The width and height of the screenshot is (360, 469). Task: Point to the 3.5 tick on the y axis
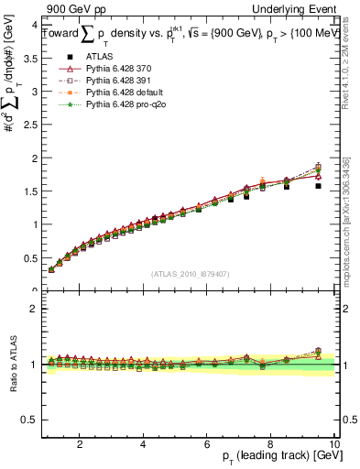pos(30,58)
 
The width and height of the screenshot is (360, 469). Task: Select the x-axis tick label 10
pos(333,443)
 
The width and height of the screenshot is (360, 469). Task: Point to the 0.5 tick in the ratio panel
pos(30,420)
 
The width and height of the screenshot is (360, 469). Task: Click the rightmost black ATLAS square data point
pos(318,186)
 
